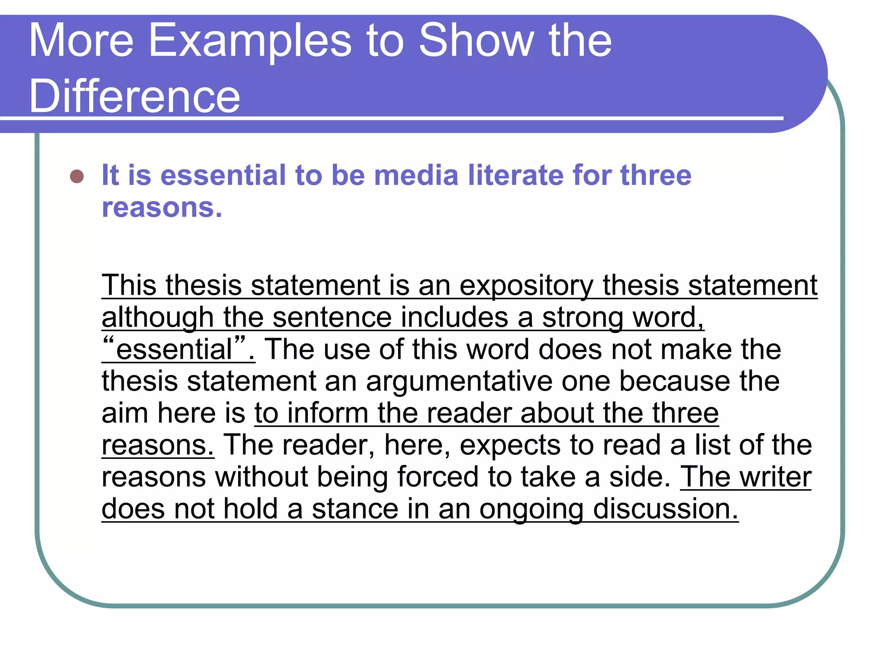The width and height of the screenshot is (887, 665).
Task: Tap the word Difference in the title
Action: coord(134,96)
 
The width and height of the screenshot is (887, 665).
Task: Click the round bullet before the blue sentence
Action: coord(77,176)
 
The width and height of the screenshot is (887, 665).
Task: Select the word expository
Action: coord(526,286)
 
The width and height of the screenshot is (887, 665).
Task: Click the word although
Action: coord(158,318)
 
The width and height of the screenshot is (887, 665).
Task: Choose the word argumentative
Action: coord(459,382)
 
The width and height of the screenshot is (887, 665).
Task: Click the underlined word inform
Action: coord(327,413)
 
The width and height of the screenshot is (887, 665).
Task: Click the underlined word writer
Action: coord(775,477)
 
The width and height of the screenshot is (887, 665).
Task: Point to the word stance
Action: coord(355,509)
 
